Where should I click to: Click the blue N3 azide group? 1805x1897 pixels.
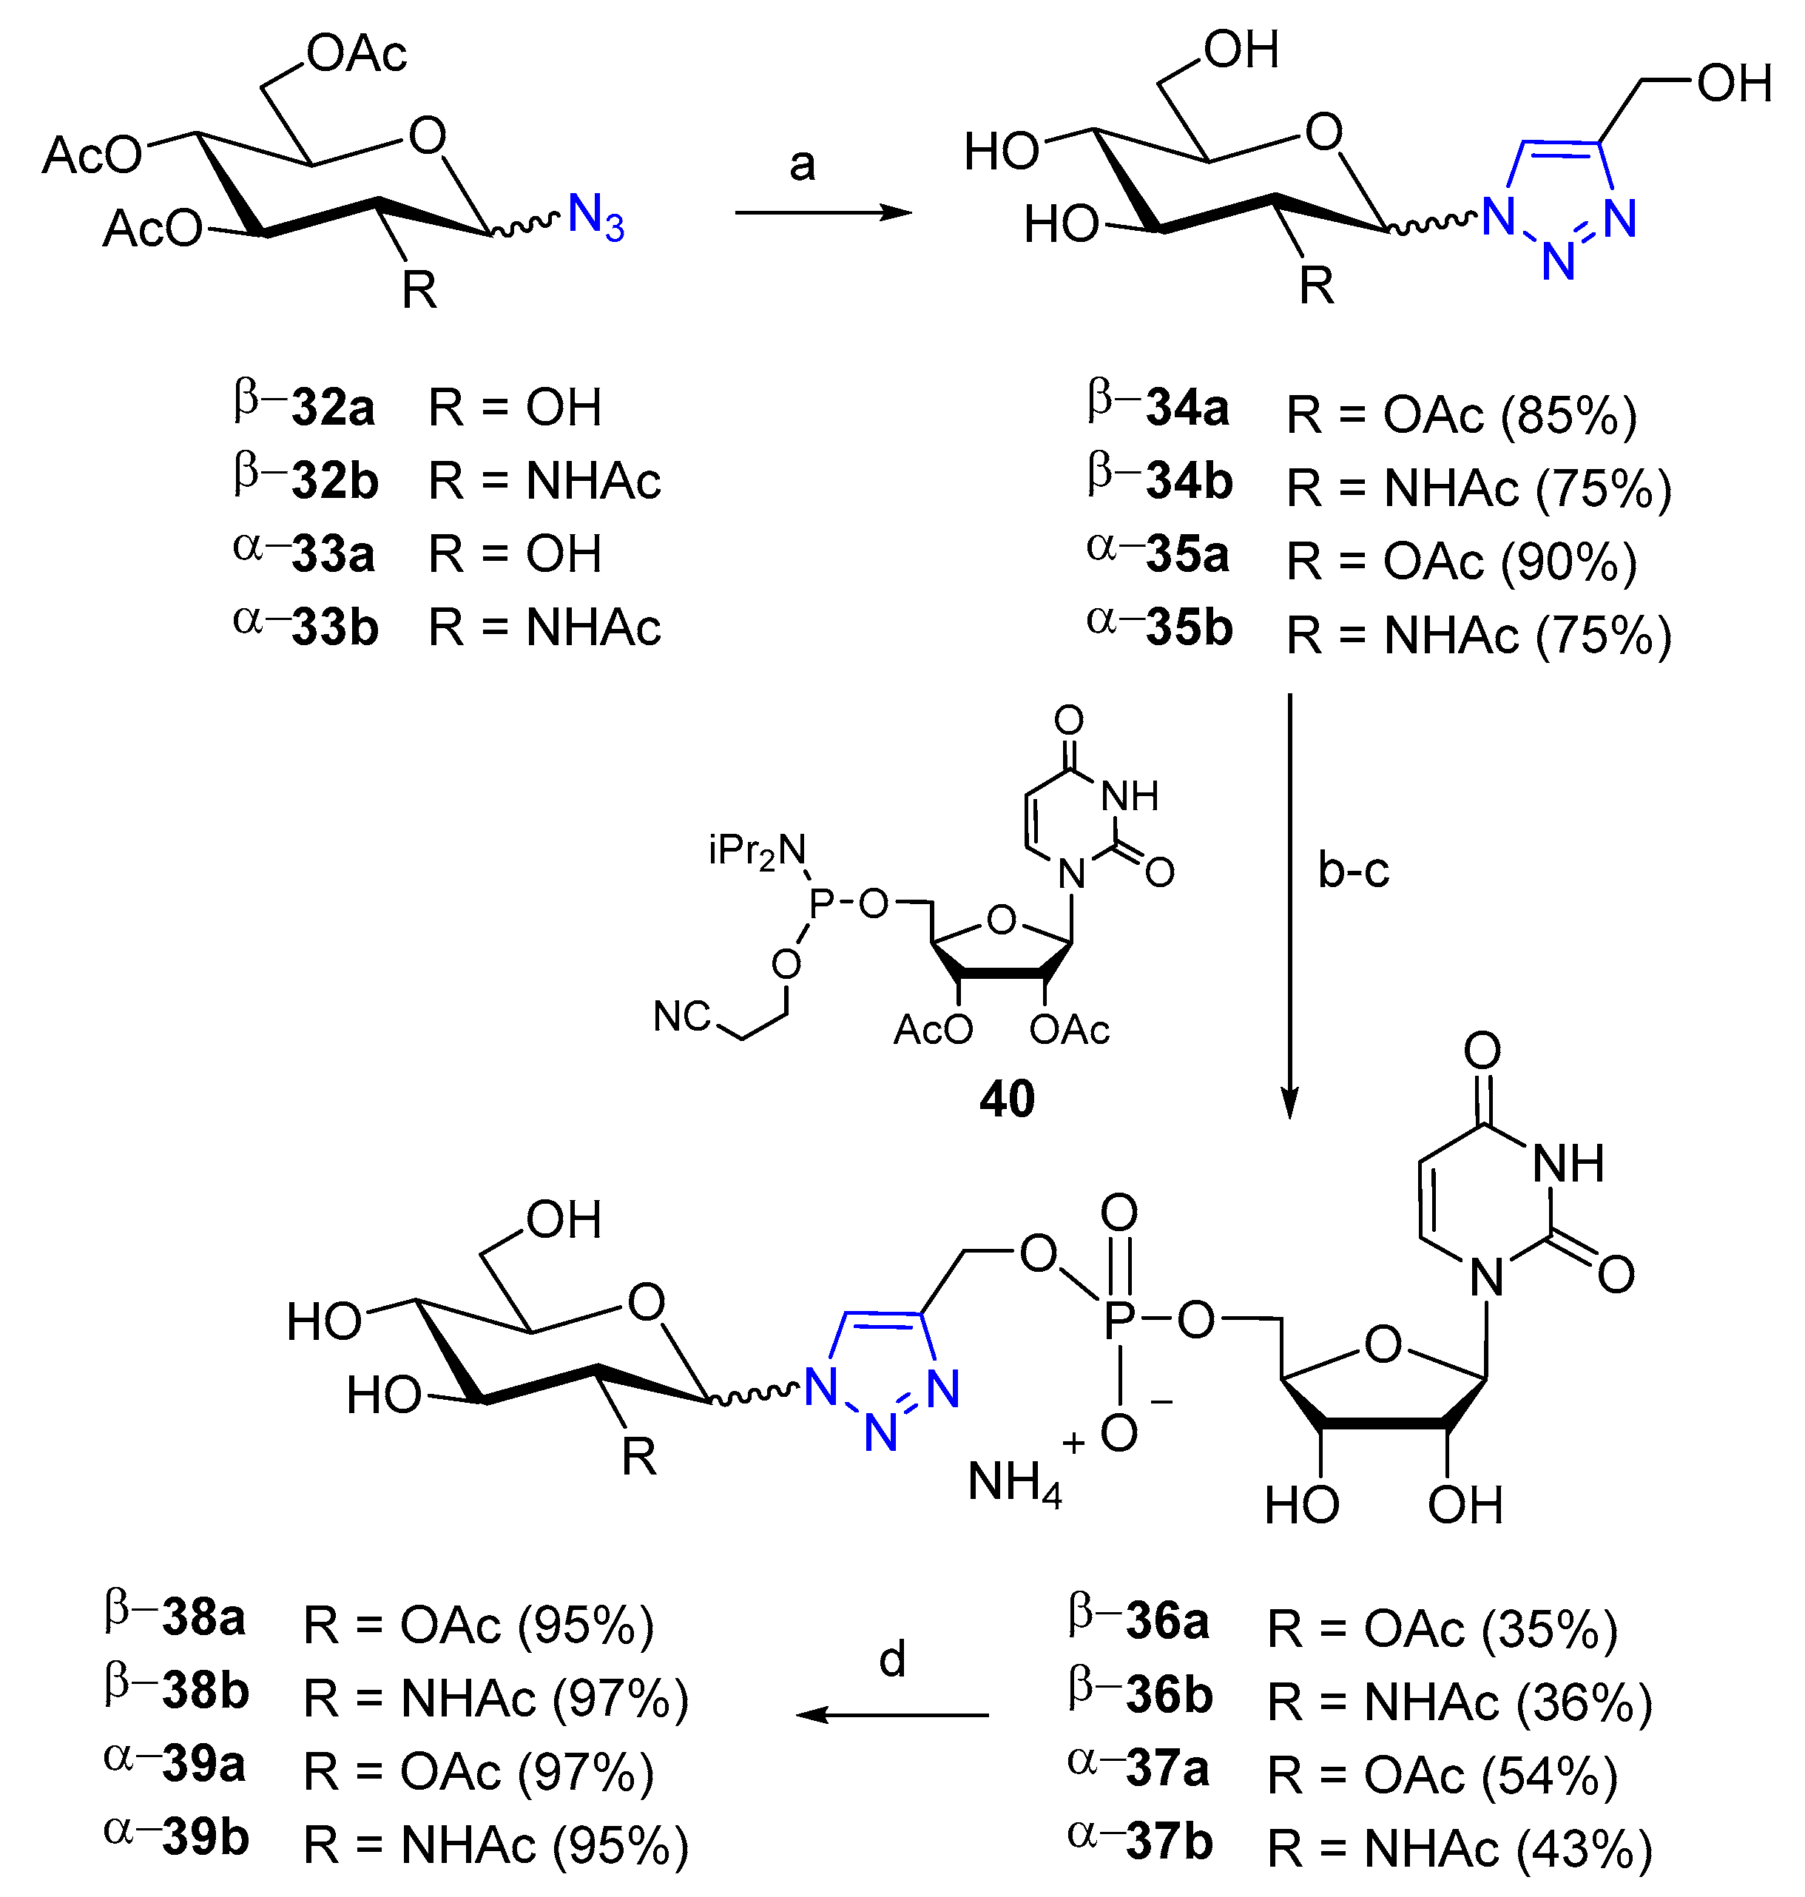click(596, 217)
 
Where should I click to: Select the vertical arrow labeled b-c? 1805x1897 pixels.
click(1290, 905)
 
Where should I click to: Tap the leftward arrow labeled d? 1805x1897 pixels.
click(892, 1715)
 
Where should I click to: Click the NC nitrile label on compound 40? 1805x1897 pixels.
click(681, 1017)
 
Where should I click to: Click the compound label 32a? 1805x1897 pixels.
click(332, 408)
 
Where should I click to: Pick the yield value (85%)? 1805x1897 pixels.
click(1568, 416)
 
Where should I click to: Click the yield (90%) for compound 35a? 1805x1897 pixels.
click(1568, 562)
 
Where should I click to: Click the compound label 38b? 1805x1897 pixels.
click(205, 1691)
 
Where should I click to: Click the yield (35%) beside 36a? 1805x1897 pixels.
click(1550, 1629)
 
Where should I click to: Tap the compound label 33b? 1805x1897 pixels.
click(334, 627)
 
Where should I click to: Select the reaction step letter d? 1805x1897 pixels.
click(892, 1660)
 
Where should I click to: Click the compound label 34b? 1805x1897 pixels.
click(1188, 481)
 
